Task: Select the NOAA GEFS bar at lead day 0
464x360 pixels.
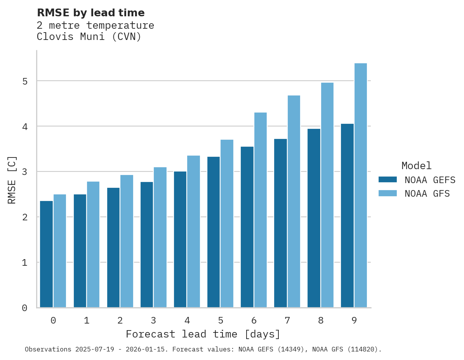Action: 47,254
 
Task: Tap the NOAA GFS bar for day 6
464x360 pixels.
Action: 261,210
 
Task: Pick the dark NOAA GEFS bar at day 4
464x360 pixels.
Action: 180,239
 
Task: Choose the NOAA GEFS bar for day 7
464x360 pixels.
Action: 280,223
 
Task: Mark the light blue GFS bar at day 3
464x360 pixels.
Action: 160,237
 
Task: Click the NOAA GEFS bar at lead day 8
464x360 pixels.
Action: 314,218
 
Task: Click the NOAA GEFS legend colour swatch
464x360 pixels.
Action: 388,180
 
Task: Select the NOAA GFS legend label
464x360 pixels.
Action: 427,194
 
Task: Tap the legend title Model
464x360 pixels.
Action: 417,166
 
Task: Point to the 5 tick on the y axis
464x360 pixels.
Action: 24,81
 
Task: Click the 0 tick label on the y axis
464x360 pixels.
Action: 24,308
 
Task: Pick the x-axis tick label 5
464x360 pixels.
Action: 221,320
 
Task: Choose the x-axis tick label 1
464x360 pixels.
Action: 87,320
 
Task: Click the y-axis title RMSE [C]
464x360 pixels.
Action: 12,180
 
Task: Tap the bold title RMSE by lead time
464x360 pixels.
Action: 90,13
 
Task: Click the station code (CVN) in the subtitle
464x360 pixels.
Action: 126,37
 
